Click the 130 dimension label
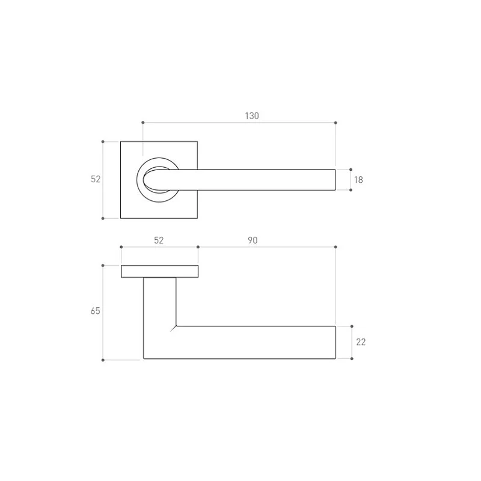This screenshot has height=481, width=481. coord(252,116)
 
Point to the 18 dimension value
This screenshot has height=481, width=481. coord(358,180)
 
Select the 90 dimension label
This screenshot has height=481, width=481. coord(253,240)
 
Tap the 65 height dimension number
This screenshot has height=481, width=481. coord(96,311)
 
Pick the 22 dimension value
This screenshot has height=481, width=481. coord(361,342)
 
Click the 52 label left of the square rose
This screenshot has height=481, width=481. coord(96,179)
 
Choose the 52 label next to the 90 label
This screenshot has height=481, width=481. coord(159,240)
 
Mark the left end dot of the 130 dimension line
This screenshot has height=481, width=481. coord(143,123)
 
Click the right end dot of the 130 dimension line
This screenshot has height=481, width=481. coord(335,123)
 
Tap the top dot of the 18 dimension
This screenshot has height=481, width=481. coord(351,170)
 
